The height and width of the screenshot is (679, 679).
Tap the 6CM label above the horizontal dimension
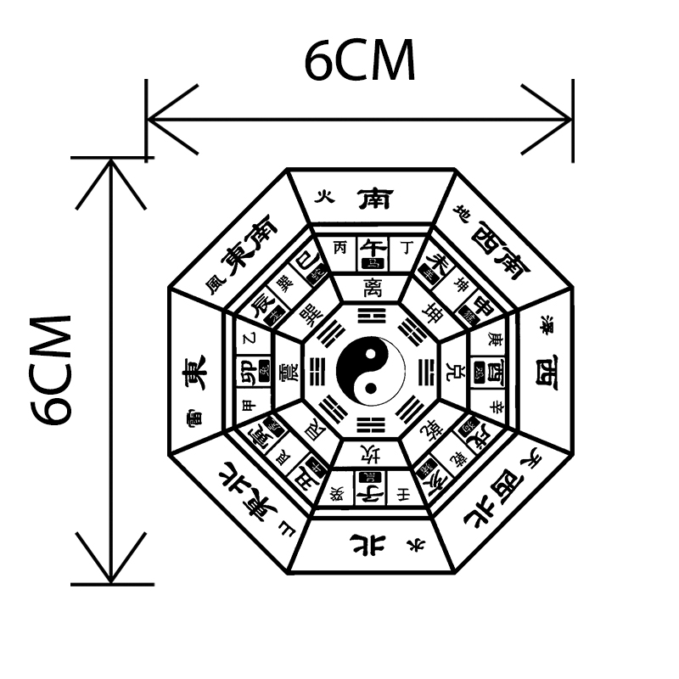pyautogui.click(x=360, y=62)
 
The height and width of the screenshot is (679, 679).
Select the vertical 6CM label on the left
pyautogui.click(x=50, y=370)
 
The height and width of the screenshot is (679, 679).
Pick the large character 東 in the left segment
pyautogui.click(x=193, y=373)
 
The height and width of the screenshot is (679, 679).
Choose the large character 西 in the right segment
pyautogui.click(x=545, y=372)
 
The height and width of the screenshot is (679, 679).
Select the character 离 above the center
pyautogui.click(x=371, y=287)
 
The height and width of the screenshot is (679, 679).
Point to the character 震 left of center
pyautogui.click(x=289, y=372)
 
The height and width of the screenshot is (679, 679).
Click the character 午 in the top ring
pyautogui.click(x=372, y=247)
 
